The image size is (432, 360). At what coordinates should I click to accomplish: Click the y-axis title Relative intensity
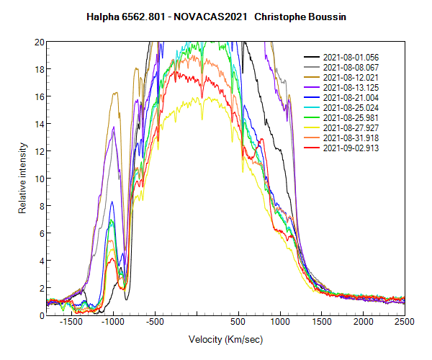(23, 178)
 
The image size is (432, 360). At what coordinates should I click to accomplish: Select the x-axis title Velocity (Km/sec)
(225, 339)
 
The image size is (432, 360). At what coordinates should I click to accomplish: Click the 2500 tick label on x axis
(405, 323)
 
